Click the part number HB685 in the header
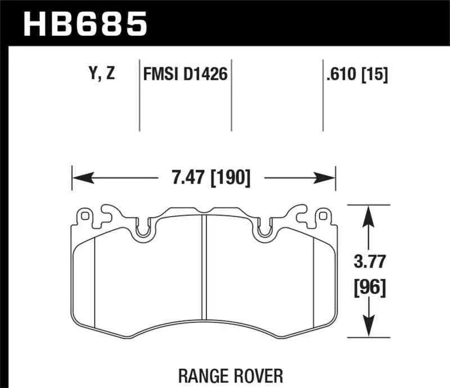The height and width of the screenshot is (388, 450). (84, 24)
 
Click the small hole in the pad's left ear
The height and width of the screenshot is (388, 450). (85, 215)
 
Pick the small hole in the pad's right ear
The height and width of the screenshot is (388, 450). (322, 215)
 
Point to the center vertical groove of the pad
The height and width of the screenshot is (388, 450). (204, 270)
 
